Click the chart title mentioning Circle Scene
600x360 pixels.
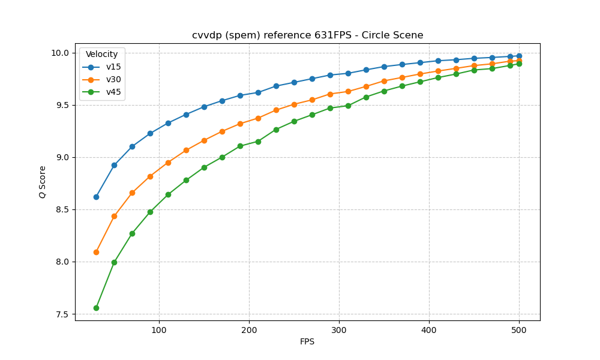coord(307,35)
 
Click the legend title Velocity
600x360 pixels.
coord(101,54)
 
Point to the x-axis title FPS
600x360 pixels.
coord(307,341)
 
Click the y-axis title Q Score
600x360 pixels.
coord(43,182)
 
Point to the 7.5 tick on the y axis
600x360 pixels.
coord(62,314)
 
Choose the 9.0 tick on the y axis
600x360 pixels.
coord(62,157)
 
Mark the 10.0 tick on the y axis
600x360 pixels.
coord(60,53)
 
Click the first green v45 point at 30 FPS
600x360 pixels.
coord(96,308)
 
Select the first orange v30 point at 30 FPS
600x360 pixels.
coord(96,252)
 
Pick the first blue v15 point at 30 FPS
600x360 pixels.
coord(96,197)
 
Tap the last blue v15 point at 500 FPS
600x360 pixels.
coord(519,56)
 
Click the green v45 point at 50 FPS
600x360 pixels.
coord(114,262)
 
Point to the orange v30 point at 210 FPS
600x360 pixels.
coord(258,118)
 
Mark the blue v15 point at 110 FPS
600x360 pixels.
coord(168,123)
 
